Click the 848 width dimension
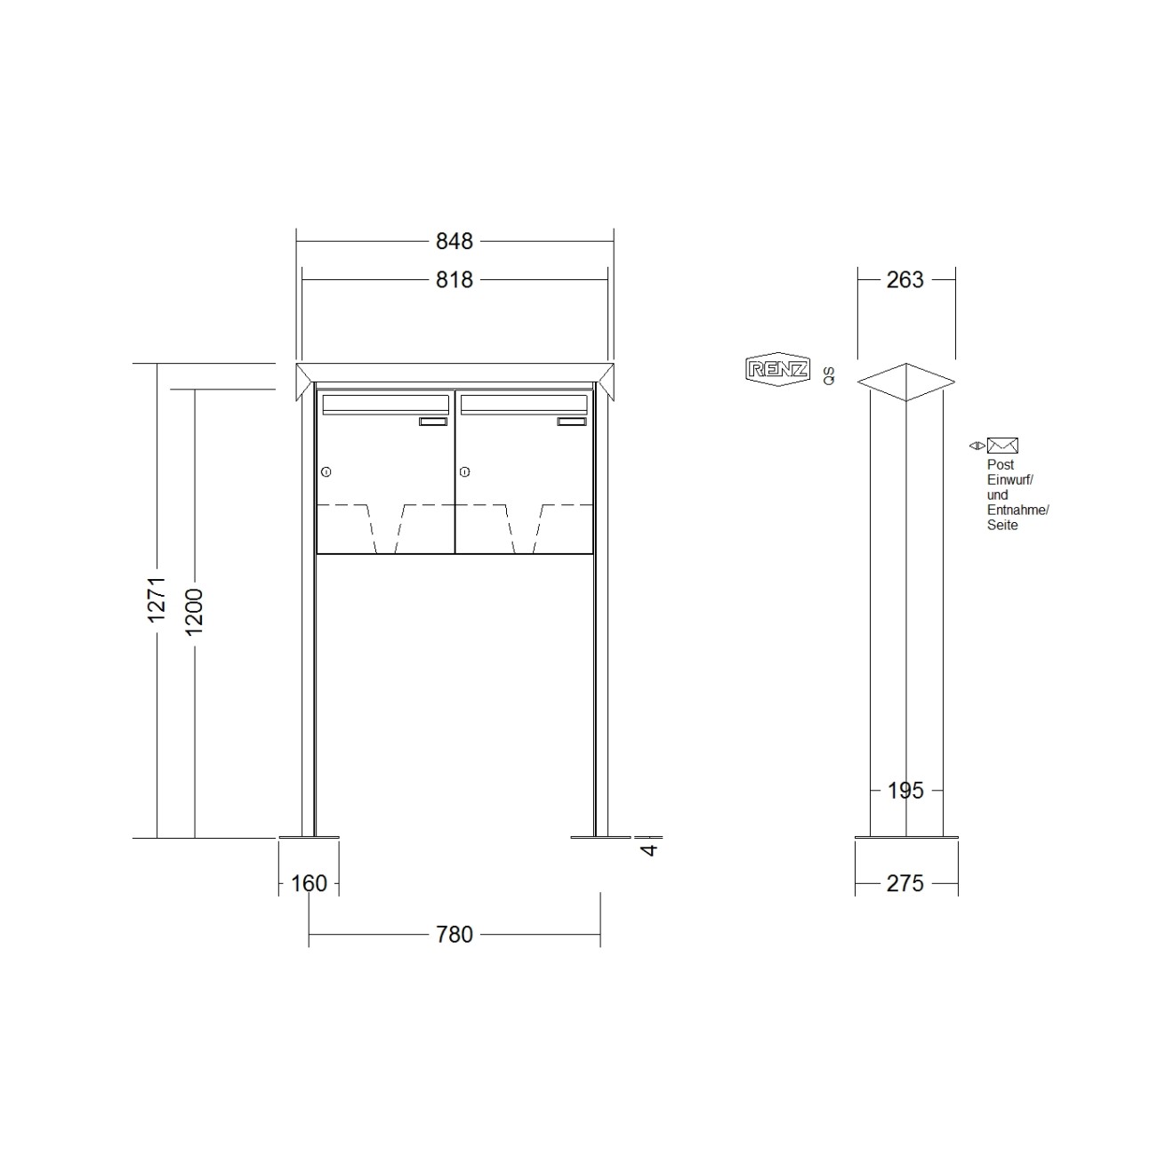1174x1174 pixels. [x=454, y=241]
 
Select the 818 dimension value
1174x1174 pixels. [x=454, y=279]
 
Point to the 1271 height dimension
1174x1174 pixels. [x=157, y=599]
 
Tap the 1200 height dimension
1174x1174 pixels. [x=194, y=612]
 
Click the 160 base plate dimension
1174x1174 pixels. [x=309, y=883]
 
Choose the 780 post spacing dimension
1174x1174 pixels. [x=454, y=934]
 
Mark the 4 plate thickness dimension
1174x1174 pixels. [x=649, y=848]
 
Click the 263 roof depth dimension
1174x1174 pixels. [x=905, y=279]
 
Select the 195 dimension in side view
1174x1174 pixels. [x=905, y=790]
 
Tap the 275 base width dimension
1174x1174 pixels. [x=905, y=883]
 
